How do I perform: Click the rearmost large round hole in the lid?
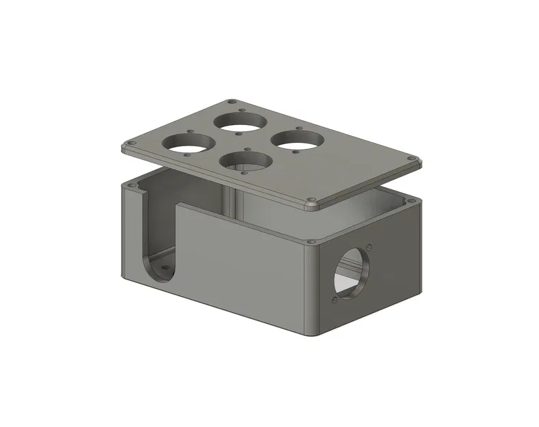(240, 122)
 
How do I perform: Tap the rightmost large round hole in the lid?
(297, 139)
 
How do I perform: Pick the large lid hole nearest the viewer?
(246, 161)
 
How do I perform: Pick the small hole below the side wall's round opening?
(333, 300)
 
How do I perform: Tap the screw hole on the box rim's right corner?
(412, 199)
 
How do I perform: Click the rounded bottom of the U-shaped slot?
(158, 273)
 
